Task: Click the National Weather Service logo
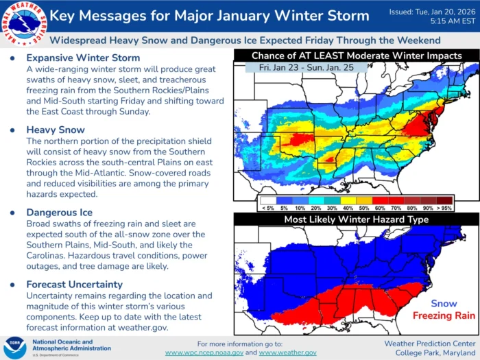tap(23, 23)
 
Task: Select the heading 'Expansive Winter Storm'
tap(83, 58)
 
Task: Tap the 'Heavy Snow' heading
tap(56, 130)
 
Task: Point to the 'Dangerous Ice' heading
tap(59, 213)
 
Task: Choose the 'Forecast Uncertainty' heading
tap(75, 284)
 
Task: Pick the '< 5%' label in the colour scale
tap(268, 206)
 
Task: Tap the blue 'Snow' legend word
tap(444, 303)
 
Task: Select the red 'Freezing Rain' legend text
tap(444, 315)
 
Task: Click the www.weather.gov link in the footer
tap(287, 352)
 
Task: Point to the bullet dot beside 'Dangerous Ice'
tap(12, 213)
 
